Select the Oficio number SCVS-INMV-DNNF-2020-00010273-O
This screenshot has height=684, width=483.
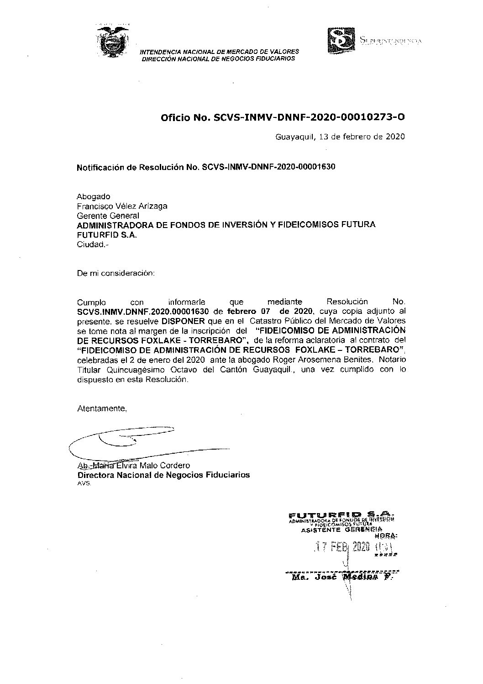click(x=309, y=118)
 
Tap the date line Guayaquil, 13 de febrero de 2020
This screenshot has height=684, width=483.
click(x=340, y=136)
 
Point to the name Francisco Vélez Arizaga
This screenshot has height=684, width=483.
click(x=122, y=206)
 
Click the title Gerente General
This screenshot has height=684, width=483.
click(x=108, y=215)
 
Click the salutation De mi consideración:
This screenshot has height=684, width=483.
click(x=116, y=273)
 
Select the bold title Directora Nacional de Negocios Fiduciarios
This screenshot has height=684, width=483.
click(x=163, y=475)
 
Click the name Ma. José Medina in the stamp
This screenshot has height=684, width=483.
click(x=340, y=577)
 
